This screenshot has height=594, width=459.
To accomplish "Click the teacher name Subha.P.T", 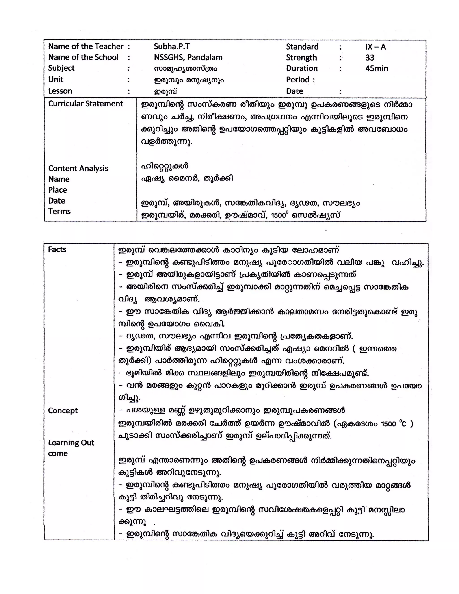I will pyautogui.click(x=172, y=46).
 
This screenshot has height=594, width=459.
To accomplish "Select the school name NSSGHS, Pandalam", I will pyautogui.click(x=188, y=57).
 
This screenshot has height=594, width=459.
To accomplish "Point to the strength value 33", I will pyautogui.click(x=370, y=58).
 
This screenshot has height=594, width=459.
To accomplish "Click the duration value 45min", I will pyautogui.click(x=377, y=68).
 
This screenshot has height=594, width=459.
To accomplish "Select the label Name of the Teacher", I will pyautogui.click(x=86, y=46).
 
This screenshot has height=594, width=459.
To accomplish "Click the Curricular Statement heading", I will pyautogui.click(x=85, y=104).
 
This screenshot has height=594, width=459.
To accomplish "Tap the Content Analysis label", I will pyautogui.click(x=78, y=168).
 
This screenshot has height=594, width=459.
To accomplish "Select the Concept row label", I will pyautogui.click(x=63, y=410).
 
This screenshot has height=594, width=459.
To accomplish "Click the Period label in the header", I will pyautogui.click(x=298, y=80).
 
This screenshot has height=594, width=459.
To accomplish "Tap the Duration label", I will pyautogui.click(x=302, y=68).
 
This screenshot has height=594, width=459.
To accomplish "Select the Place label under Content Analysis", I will pyautogui.click(x=57, y=190).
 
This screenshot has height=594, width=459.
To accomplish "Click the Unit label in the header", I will pyautogui.click(x=56, y=79).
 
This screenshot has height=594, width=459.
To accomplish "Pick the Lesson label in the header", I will pyautogui.click(x=60, y=91).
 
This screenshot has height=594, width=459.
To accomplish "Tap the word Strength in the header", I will pyautogui.click(x=301, y=58).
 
